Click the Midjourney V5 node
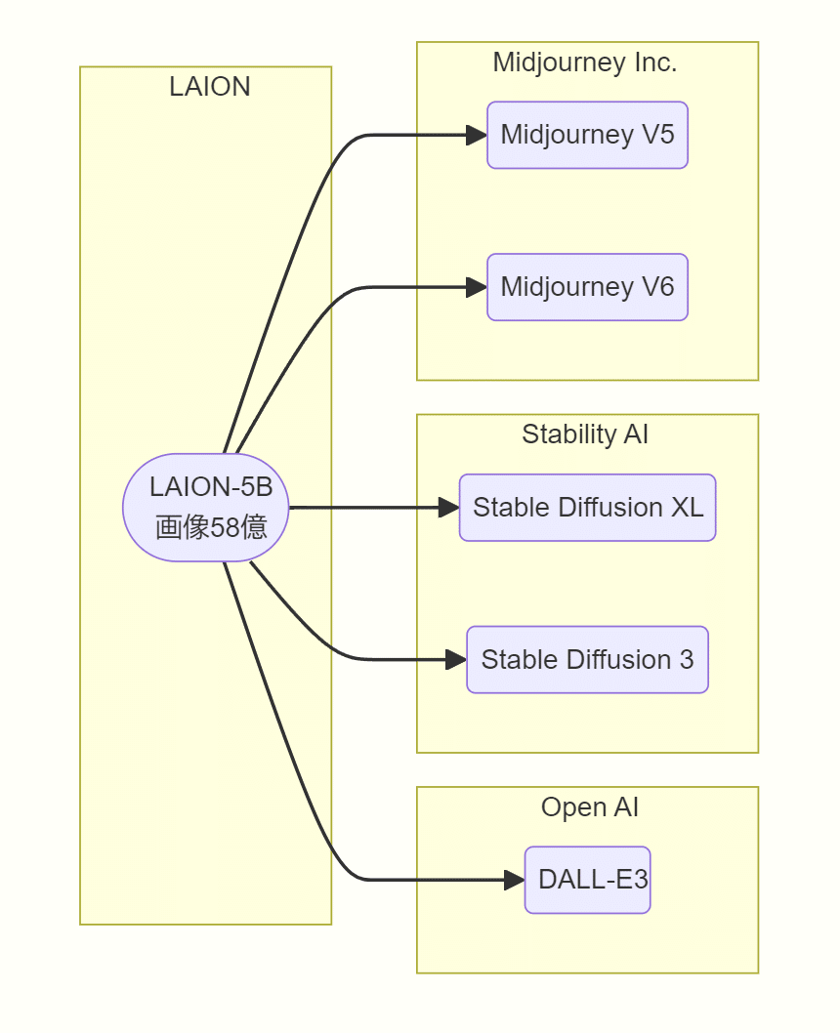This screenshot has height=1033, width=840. click(587, 135)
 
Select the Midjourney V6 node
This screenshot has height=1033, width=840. click(587, 287)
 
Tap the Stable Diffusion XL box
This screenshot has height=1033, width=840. click(587, 508)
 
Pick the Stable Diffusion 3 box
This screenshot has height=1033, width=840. click(587, 660)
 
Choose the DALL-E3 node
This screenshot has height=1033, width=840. click(587, 880)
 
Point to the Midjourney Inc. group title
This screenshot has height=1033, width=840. click(584, 63)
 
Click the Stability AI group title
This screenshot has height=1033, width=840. click(584, 434)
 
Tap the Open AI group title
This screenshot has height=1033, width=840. click(589, 807)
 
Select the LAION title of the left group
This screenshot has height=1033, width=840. click(209, 87)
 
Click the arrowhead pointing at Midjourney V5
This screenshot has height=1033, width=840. click(477, 135)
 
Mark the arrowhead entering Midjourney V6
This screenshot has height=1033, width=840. click(477, 287)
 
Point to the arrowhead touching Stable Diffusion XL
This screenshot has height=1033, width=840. click(449, 508)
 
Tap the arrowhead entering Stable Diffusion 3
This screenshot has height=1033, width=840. click(456, 660)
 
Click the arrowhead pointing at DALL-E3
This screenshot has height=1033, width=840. click(515, 880)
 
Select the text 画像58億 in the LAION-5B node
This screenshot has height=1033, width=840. click(211, 527)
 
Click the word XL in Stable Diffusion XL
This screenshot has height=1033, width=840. click(688, 508)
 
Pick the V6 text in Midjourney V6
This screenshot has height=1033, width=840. click(657, 287)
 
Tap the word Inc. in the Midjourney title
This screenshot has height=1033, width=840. click(655, 63)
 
